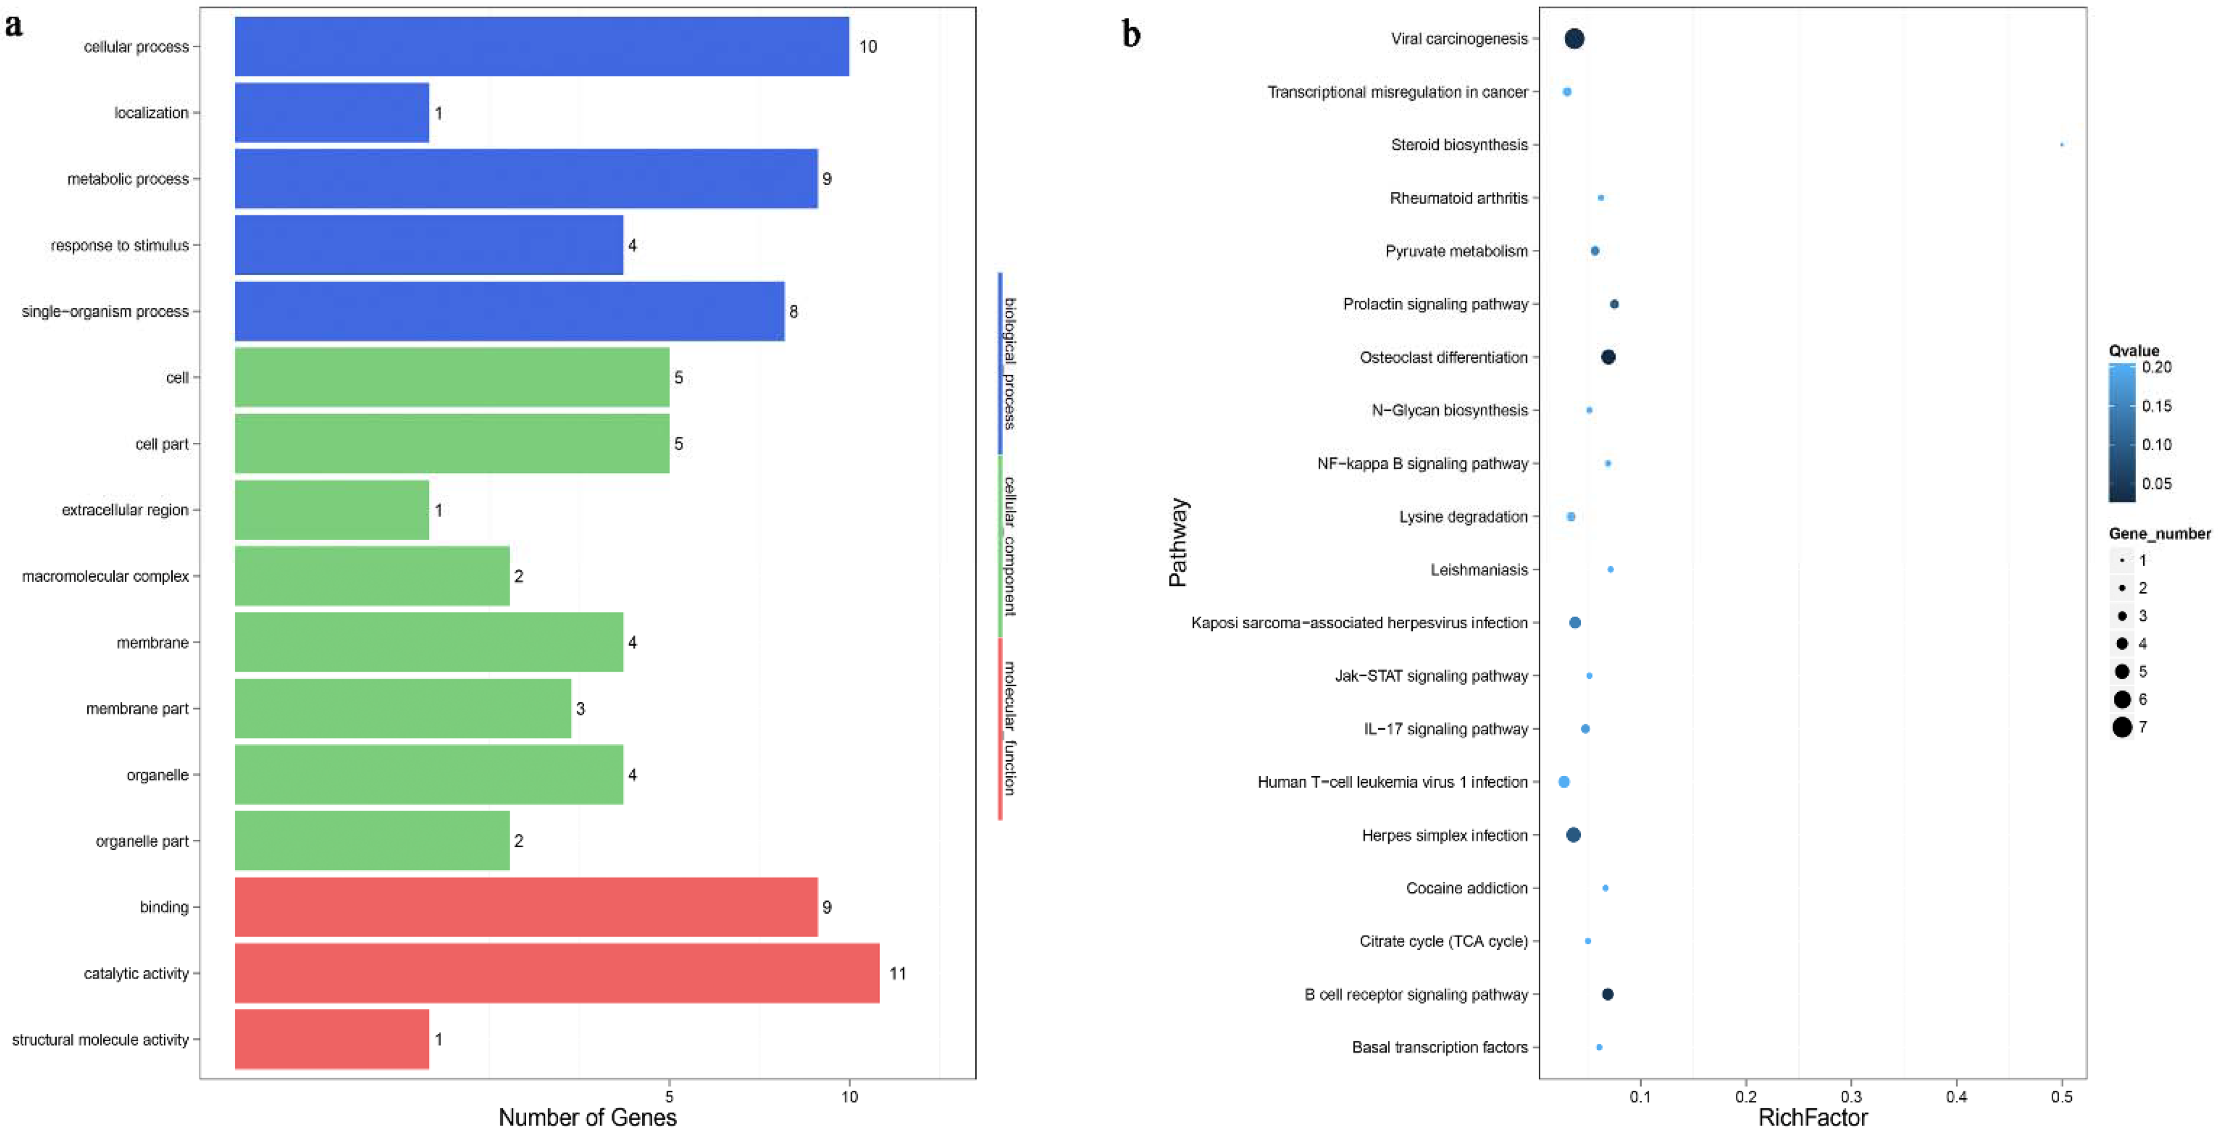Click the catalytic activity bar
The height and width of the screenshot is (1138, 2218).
tap(557, 973)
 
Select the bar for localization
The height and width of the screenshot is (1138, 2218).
tap(332, 113)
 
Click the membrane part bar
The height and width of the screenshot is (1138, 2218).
tap(403, 709)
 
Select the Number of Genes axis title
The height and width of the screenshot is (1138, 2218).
tap(587, 1117)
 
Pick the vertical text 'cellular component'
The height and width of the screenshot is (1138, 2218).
tap(1010, 546)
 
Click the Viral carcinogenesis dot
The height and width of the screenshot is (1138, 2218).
tap(1574, 39)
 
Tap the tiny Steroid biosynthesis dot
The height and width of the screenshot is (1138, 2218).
tap(2061, 145)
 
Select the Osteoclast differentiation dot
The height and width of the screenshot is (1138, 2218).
tap(1607, 357)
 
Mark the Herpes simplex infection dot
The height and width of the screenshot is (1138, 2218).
tap(1573, 835)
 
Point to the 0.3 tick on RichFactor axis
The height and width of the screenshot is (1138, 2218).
tap(1851, 1097)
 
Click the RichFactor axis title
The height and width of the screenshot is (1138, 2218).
tap(1812, 1117)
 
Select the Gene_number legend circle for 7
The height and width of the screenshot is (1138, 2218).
tap(2122, 727)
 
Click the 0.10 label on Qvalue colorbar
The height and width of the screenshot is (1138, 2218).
tap(2157, 444)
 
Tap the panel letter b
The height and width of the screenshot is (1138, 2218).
tap(1132, 35)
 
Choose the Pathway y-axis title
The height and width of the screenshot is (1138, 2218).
tap(1178, 542)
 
